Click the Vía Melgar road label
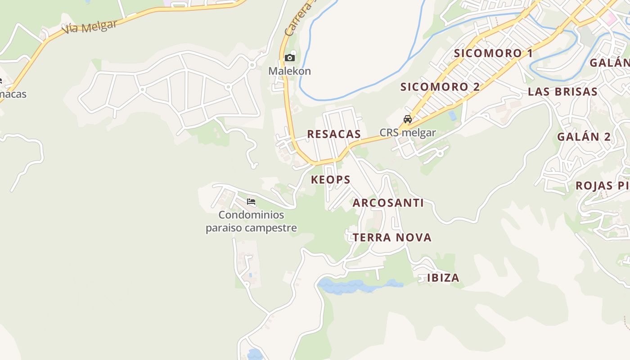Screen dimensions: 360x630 tap(90, 27)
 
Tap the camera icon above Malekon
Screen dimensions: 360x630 tap(290, 58)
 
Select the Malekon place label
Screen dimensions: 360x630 tap(289, 71)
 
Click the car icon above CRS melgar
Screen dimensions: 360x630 tap(408, 119)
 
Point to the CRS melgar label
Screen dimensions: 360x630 tap(408, 133)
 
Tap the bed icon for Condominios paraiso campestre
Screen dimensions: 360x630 tap(251, 202)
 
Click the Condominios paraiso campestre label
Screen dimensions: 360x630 tap(251, 221)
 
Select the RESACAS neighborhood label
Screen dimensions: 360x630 tap(334, 134)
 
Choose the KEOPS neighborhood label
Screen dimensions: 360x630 tap(331, 180)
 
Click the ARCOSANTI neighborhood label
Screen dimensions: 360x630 tap(388, 203)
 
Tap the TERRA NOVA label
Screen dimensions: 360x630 tap(392, 238)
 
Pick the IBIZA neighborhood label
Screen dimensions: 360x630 tap(443, 278)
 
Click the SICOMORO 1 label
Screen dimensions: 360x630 tap(493, 53)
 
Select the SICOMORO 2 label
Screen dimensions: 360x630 tap(440, 87)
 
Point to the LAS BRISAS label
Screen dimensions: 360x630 tap(562, 92)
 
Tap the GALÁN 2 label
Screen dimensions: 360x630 tap(584, 137)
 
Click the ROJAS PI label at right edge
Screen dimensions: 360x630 tap(602, 185)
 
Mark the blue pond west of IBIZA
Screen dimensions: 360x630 tap(355, 286)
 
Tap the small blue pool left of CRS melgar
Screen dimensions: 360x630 tap(452, 116)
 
